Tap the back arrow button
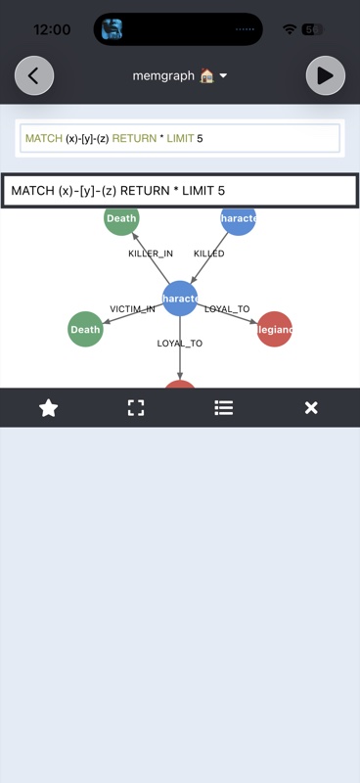point(34,75)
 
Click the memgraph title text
point(163,75)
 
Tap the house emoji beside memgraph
point(206,75)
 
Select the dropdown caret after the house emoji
point(223,76)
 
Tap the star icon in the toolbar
point(48,408)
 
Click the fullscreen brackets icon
point(136,408)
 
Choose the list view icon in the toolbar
point(224,408)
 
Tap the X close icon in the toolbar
point(311,408)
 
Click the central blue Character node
point(180,298)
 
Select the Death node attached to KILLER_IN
point(121,219)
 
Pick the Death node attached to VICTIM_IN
point(85,330)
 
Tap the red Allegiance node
point(274,330)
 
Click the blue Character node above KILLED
point(238,219)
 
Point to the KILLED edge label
point(208,253)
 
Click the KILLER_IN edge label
point(151,253)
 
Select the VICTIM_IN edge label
point(132,309)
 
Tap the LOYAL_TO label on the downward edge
point(180,344)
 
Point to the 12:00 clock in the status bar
point(51,29)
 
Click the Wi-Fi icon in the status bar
point(289,29)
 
